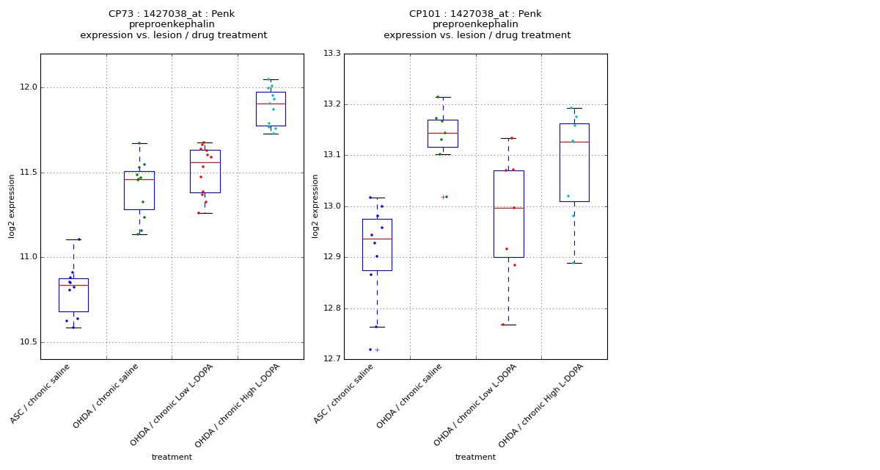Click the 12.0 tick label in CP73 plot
point(27,87)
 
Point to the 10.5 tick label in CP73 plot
point(27,342)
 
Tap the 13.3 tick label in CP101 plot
point(331,54)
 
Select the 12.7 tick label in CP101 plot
point(331,359)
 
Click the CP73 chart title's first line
point(172,14)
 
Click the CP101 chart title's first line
point(475,14)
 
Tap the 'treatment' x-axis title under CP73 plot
point(172,457)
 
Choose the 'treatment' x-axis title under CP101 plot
point(475,457)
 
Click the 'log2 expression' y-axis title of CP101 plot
point(315,206)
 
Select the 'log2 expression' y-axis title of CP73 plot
point(12,206)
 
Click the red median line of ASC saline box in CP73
point(73,285)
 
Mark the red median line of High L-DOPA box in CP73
point(271,104)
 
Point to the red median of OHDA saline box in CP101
point(443,133)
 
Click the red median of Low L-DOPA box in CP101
point(508,208)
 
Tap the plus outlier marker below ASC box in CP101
point(377,350)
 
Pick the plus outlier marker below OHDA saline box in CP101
point(442,197)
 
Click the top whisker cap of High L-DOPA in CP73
point(271,79)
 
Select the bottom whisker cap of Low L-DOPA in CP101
point(508,325)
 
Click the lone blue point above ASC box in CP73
point(79,239)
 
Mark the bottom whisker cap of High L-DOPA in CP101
point(574,263)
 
